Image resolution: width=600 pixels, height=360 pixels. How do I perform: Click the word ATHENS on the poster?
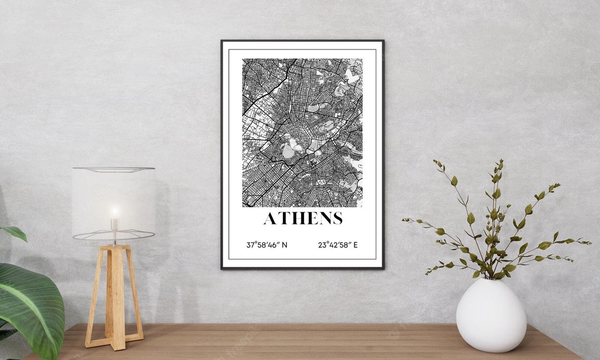pos(303,218)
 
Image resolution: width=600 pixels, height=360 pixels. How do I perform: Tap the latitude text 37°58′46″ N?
pos(267,244)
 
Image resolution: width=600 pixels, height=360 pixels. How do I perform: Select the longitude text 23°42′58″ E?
pos(338,244)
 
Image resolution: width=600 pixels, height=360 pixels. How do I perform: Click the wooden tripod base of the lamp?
pos(114,297)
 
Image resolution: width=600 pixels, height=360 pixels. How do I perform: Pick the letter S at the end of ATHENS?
pos(336,218)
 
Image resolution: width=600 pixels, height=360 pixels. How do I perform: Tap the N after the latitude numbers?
pos(284,244)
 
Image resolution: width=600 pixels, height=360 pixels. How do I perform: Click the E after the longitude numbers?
pos(356,244)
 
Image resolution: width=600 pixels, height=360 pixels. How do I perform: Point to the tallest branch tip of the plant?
pos(501,162)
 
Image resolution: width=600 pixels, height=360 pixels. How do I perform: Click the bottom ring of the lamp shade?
pos(113,236)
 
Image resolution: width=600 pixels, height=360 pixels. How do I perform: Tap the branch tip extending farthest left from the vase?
pos(404,221)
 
